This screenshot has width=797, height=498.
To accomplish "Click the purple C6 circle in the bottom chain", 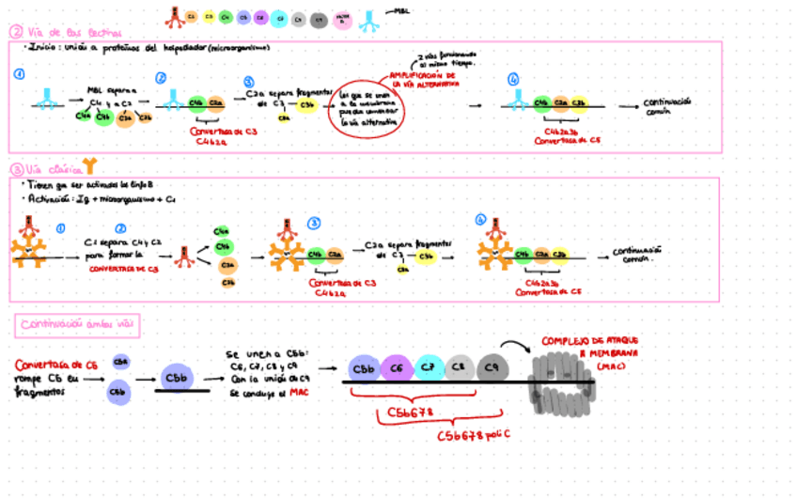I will click(397, 366).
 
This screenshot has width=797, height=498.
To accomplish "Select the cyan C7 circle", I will click(429, 366).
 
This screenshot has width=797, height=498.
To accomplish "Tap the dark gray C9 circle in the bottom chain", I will click(492, 366).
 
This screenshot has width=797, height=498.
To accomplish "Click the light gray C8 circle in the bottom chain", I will click(460, 366).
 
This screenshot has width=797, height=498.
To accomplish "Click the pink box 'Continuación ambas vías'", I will click(79, 325).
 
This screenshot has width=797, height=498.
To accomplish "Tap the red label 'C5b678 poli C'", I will click(474, 435).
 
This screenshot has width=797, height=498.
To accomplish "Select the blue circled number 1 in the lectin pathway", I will click(20, 73).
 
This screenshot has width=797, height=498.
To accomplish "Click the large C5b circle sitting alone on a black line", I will click(177, 377).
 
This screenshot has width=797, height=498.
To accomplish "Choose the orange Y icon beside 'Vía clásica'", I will click(88, 166).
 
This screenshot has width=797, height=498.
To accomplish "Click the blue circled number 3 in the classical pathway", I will click(314, 224).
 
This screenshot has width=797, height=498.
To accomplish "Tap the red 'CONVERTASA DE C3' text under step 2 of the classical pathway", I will click(122, 268).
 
